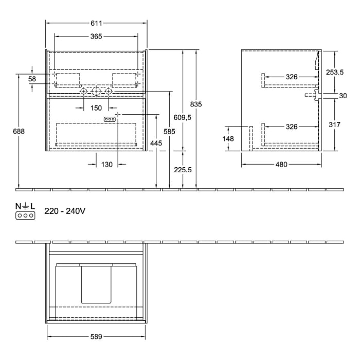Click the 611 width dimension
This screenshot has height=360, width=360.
click(x=96, y=23)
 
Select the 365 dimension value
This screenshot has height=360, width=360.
click(x=96, y=36)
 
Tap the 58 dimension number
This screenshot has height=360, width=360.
click(x=32, y=79)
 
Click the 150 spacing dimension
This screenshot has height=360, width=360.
click(x=96, y=107)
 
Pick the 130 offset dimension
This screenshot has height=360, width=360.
click(x=106, y=165)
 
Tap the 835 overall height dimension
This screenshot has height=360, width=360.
click(x=196, y=104)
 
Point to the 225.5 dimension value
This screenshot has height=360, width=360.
click(x=183, y=170)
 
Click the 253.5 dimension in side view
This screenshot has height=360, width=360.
click(x=335, y=73)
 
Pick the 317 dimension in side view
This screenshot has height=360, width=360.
click(x=335, y=124)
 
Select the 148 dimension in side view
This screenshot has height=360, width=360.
click(x=229, y=138)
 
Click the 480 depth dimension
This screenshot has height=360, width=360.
click(x=281, y=165)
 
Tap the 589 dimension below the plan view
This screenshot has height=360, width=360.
click(x=96, y=337)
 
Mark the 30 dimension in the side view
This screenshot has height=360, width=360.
click(x=343, y=96)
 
